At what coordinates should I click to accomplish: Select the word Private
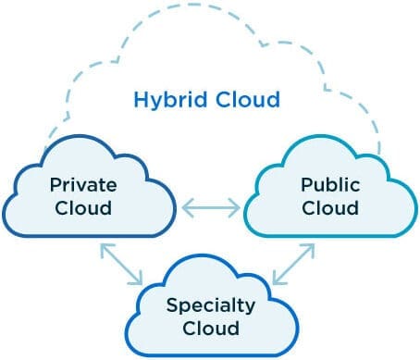point(81,184)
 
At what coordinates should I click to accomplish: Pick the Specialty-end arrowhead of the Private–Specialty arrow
point(138,279)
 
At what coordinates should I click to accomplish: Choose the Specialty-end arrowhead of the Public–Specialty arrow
point(278,279)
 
